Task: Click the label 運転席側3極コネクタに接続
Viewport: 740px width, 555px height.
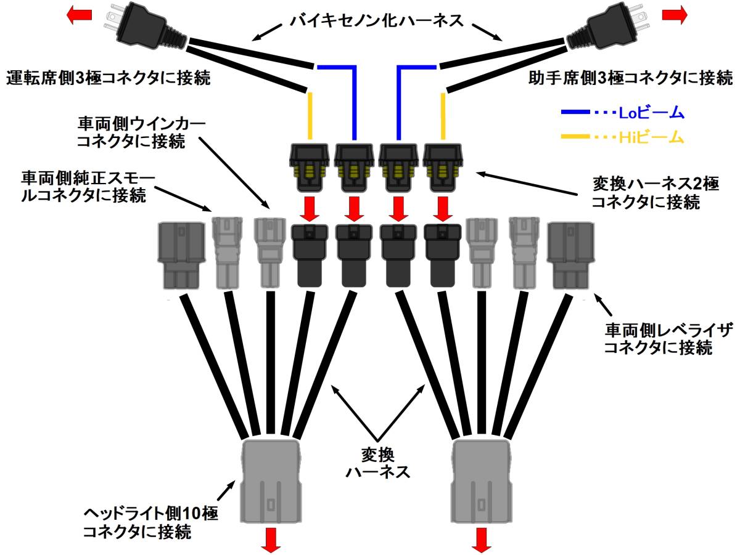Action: click(x=108, y=78)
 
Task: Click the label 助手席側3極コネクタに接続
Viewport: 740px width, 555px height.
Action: click(x=631, y=78)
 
